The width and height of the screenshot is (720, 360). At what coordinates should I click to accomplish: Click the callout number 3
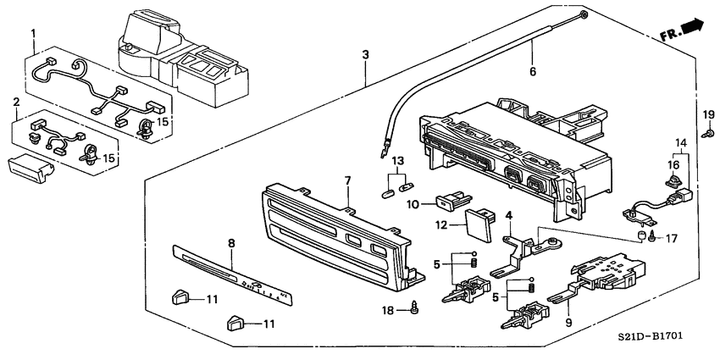(365, 55)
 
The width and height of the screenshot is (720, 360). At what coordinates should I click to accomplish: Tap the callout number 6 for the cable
(533, 73)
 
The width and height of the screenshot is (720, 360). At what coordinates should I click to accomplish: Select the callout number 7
(346, 181)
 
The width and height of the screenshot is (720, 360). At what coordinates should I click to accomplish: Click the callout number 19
(709, 114)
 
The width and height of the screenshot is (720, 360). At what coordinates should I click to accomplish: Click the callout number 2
(16, 102)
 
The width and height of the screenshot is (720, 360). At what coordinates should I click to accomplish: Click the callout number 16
(674, 165)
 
